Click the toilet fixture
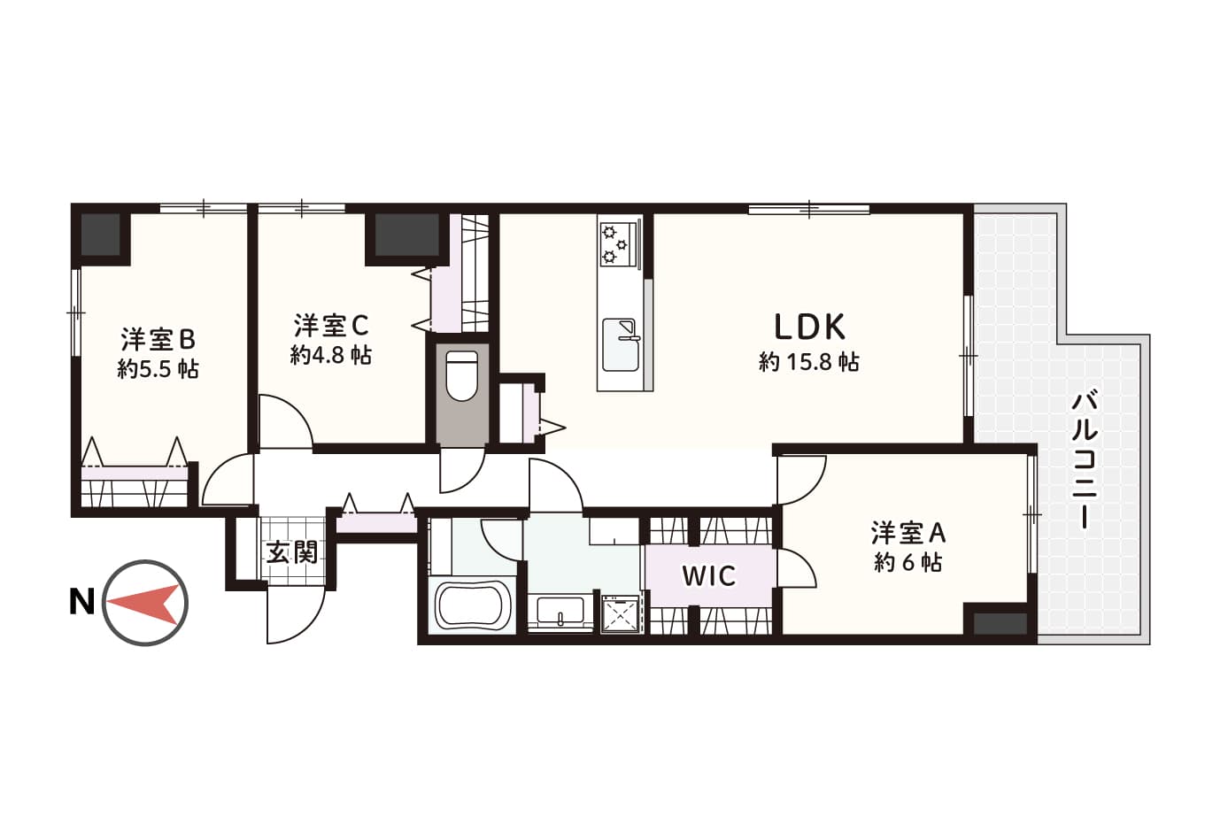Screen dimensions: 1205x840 (x=462, y=376)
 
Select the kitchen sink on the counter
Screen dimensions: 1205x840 (x=622, y=344)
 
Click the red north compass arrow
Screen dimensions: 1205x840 (x=143, y=603)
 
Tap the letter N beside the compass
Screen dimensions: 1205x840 (x=81, y=602)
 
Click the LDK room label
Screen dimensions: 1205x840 (x=809, y=327)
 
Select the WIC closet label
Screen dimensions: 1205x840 (x=709, y=576)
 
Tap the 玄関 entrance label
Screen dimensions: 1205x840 (x=293, y=551)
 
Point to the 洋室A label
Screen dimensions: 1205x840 (x=908, y=533)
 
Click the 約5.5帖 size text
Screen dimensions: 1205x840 (x=158, y=369)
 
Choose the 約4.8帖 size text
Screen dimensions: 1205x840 (x=331, y=355)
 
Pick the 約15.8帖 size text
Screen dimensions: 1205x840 (x=809, y=362)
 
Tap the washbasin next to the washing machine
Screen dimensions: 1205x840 (x=560, y=613)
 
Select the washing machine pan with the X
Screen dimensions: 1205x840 (x=622, y=613)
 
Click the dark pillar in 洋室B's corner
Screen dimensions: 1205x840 (x=101, y=235)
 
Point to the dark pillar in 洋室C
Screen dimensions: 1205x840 (x=406, y=235)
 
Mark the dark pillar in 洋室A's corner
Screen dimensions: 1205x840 (x=1000, y=624)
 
